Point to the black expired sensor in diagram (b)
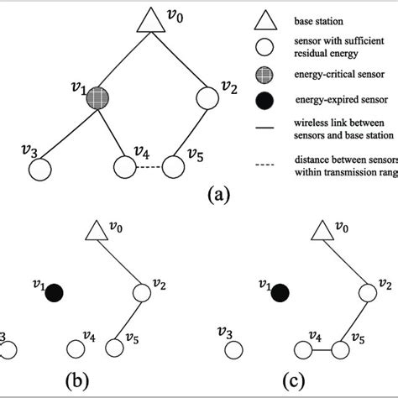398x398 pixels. pyautogui.click(x=56, y=292)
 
